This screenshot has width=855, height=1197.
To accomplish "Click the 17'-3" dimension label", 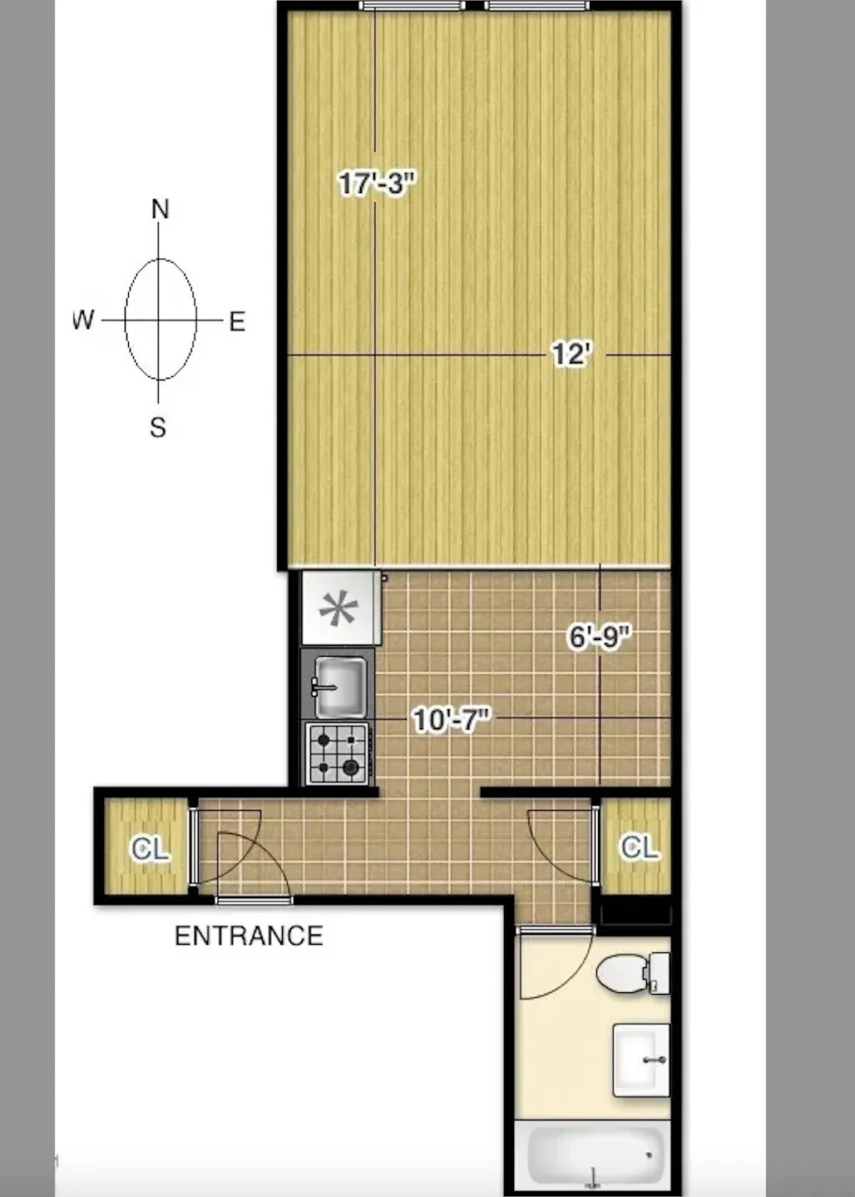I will click(x=376, y=183).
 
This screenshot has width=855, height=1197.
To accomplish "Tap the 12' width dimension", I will click(x=571, y=355).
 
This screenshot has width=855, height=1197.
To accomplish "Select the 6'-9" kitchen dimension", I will click(x=600, y=638).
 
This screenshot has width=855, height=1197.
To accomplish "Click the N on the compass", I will click(x=160, y=209).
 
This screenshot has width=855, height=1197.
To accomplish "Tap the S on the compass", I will click(x=158, y=428).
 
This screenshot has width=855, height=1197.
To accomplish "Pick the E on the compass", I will click(x=237, y=322).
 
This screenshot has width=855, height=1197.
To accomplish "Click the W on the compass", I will click(x=83, y=320).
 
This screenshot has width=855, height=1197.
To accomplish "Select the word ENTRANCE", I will click(x=249, y=936).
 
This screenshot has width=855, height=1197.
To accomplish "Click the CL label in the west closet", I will click(x=151, y=849).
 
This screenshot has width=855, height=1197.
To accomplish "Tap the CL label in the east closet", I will click(x=640, y=847).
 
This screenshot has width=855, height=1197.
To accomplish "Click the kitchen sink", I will click(x=340, y=686).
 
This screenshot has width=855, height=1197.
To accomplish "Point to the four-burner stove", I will click(x=338, y=753).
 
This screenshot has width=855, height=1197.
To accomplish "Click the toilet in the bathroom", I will click(x=632, y=972).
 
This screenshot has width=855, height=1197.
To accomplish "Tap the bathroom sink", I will click(x=640, y=1060).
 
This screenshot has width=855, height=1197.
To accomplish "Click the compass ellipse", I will click(x=160, y=320).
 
